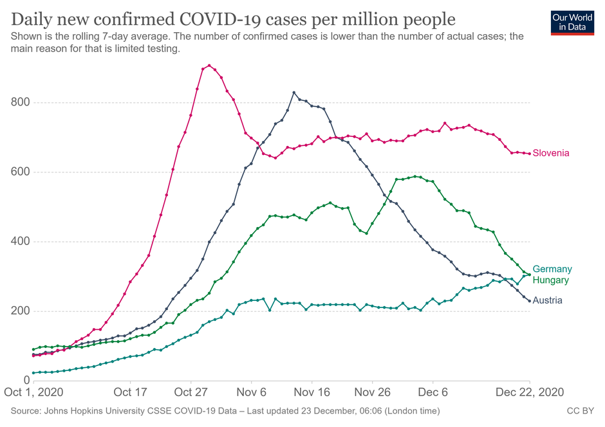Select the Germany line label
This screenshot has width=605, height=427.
tap(552, 269)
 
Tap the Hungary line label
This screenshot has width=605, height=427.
tap(551, 280)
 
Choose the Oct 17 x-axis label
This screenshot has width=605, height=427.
tap(131, 392)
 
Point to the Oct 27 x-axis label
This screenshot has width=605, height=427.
tap(192, 392)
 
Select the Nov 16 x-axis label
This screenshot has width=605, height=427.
tap(312, 392)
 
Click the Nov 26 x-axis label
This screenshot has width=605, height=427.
tap(373, 392)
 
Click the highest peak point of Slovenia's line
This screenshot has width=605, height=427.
tap(209, 66)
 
